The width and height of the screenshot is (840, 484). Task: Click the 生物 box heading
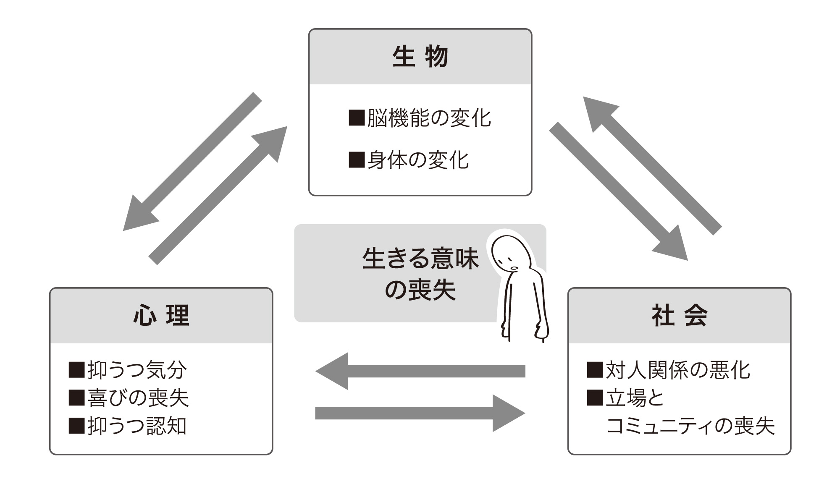(x=420, y=57)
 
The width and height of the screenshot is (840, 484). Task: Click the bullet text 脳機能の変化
(x=428, y=118)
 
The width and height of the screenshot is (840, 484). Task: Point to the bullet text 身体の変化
(x=417, y=160)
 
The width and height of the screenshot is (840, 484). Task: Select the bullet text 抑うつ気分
(x=137, y=370)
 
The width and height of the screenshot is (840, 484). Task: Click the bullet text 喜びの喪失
(x=138, y=398)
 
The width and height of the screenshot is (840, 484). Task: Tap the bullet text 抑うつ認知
(x=137, y=426)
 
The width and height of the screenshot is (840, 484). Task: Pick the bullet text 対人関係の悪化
(x=677, y=370)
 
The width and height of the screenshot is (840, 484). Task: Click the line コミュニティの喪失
(x=690, y=426)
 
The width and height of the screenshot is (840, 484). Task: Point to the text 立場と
(x=634, y=398)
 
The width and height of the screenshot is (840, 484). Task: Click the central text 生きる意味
(x=420, y=259)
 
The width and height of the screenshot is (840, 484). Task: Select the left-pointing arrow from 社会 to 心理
(x=420, y=371)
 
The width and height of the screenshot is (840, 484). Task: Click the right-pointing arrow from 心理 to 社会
(x=420, y=413)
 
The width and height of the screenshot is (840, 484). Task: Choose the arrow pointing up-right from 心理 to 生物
(x=218, y=195)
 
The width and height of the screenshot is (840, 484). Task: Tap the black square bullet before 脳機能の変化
(x=357, y=118)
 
